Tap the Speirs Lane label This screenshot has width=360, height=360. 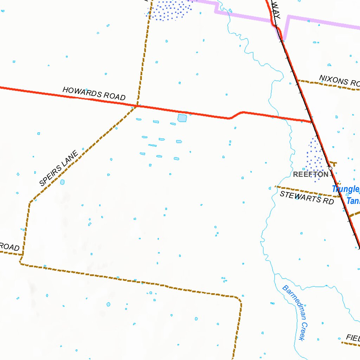(x=58, y=168)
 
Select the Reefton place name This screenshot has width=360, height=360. (x=311, y=174)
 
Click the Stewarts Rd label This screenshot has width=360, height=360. (x=307, y=197)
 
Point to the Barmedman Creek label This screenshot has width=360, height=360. (x=295, y=313)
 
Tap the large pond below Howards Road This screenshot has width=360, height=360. (x=182, y=118)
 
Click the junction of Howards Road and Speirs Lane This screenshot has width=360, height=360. (x=137, y=105)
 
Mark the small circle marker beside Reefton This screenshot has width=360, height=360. (x=330, y=168)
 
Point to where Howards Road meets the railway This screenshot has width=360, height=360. (x=312, y=122)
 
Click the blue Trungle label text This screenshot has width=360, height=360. (x=346, y=189)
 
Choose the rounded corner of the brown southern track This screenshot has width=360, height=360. (x=239, y=299)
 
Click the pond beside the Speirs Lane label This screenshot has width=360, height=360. (x=62, y=182)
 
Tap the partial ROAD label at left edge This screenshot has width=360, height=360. (x=9, y=247)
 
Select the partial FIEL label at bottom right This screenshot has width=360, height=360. (x=353, y=338)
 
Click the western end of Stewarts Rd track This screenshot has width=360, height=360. (x=277, y=187)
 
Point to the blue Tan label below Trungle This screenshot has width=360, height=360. (x=353, y=201)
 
